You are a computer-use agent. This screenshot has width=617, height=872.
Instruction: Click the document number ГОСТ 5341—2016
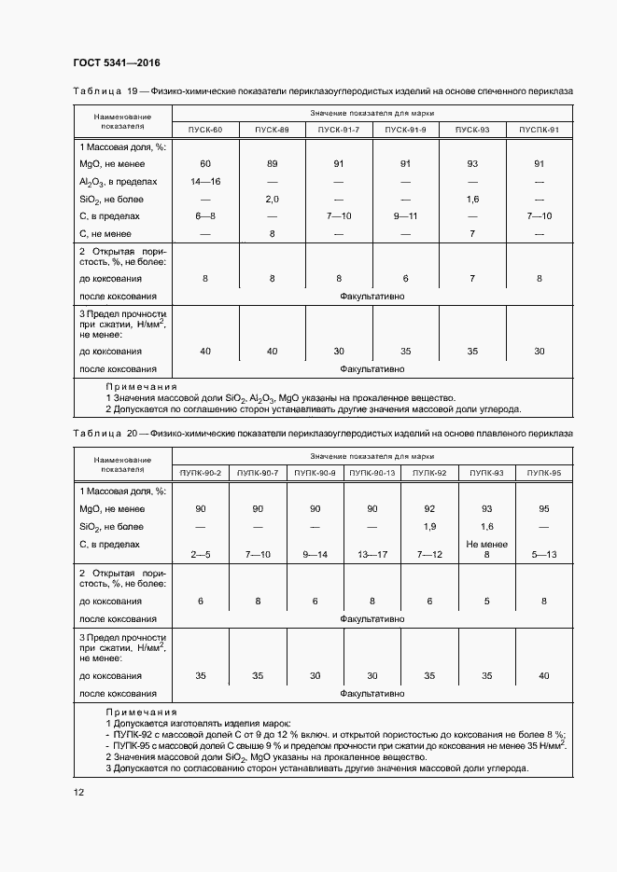click(117, 62)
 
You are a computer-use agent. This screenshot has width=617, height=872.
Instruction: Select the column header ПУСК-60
click(205, 130)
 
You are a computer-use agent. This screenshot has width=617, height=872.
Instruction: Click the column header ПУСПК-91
click(539, 130)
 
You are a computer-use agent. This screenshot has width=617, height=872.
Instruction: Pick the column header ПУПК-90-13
click(372, 474)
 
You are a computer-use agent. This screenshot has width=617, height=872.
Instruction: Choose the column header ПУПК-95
click(543, 474)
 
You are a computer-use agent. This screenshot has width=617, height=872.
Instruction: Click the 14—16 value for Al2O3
click(205, 181)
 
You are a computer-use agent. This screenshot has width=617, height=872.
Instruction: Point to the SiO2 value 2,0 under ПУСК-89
click(272, 199)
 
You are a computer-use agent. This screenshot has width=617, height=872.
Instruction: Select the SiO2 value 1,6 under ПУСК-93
click(472, 199)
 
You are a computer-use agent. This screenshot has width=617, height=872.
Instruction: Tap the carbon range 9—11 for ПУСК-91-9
click(406, 216)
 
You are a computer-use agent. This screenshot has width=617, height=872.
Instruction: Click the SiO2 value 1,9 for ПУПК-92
click(429, 527)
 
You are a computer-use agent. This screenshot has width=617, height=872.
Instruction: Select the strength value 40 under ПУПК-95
click(543, 675)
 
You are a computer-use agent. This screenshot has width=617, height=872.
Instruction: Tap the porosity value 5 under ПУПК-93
click(486, 601)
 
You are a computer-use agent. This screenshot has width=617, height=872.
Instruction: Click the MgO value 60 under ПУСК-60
click(205, 164)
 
